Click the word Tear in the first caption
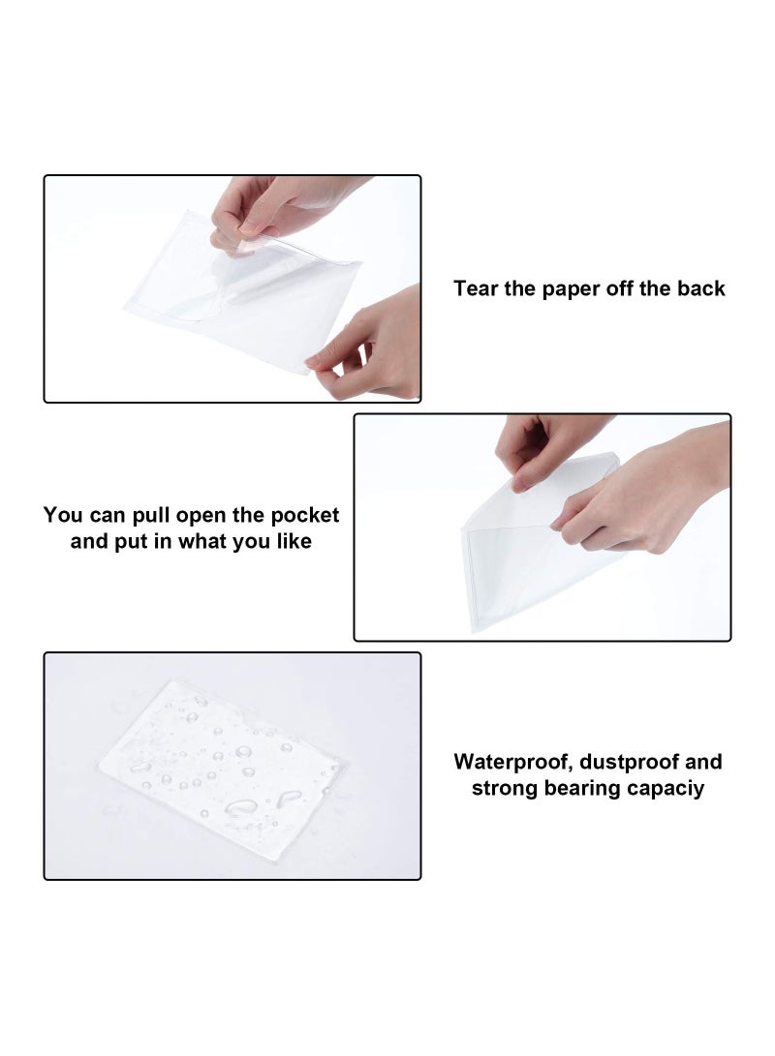(476, 288)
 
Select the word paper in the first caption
(567, 288)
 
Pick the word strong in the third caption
(502, 789)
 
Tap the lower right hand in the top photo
(373, 348)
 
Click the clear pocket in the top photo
(242, 290)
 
